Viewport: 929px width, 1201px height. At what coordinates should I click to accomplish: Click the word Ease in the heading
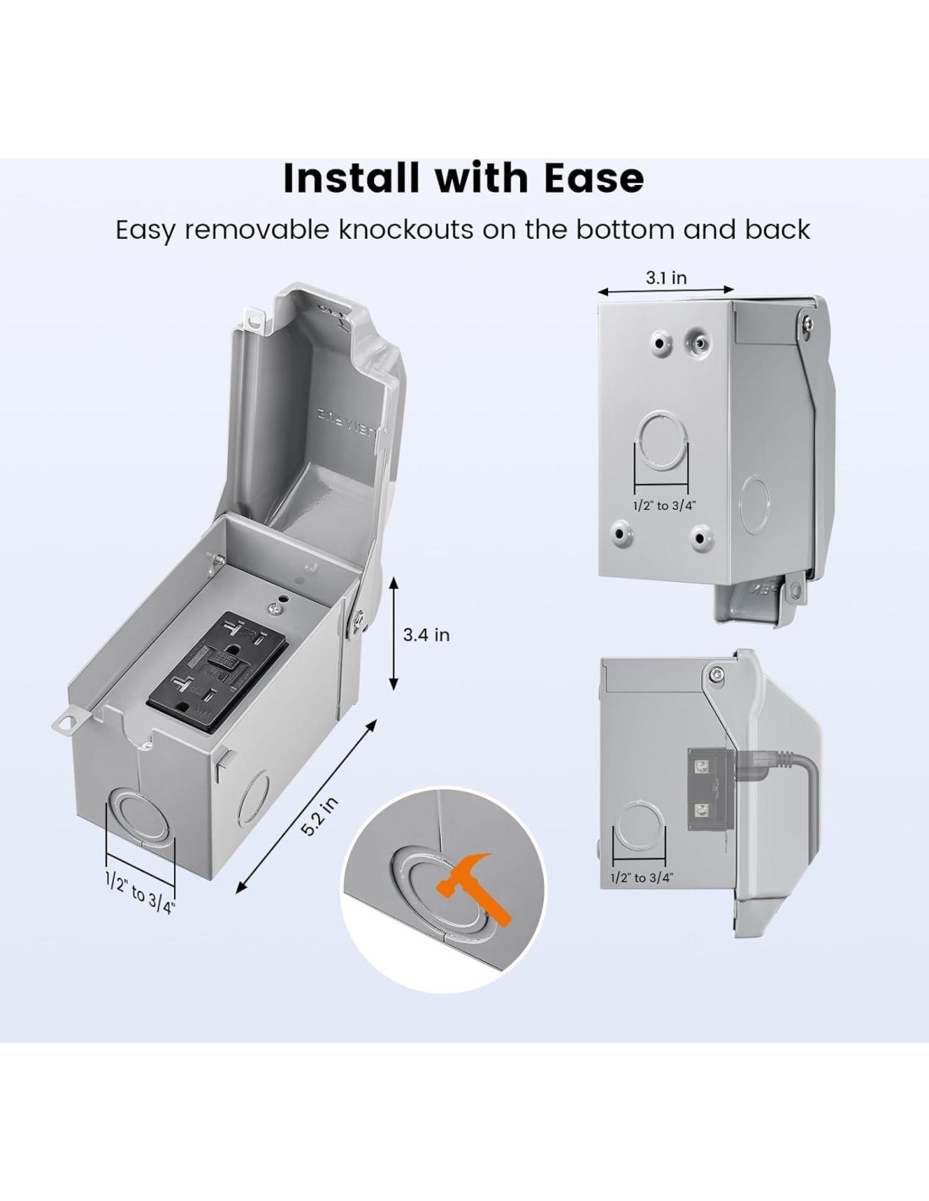(594, 178)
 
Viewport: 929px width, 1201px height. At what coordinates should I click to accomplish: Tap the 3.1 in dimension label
(666, 277)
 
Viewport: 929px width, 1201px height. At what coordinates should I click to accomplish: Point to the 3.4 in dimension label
(426, 634)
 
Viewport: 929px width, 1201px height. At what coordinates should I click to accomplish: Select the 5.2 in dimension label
(320, 817)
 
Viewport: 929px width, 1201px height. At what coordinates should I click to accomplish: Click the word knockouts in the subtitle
(405, 229)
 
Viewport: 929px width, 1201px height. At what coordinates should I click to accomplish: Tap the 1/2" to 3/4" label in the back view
(664, 506)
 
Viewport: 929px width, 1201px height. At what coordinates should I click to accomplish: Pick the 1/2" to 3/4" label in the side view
(642, 878)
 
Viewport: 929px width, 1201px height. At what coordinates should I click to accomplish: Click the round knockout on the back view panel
(663, 438)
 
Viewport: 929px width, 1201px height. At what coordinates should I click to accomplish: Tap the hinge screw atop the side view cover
(716, 674)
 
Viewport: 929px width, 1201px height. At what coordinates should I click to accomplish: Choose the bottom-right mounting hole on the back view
(701, 535)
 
